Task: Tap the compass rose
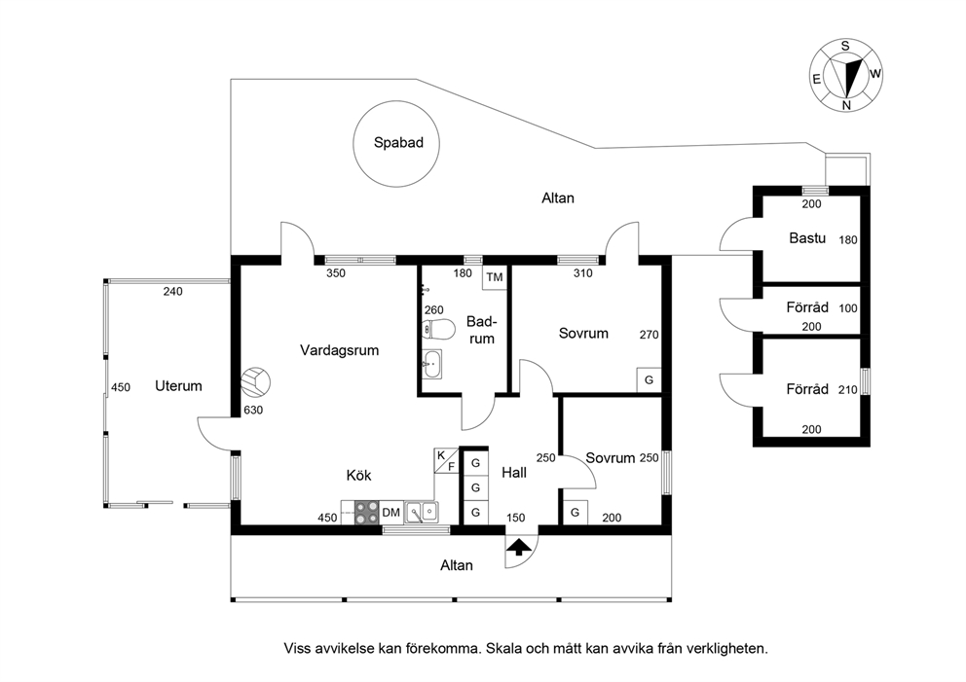tap(846, 75)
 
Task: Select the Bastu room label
tap(807, 238)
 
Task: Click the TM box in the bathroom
tap(495, 277)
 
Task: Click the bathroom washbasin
tap(431, 364)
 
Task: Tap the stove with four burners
tap(367, 512)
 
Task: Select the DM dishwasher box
tap(391, 512)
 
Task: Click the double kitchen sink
tap(422, 512)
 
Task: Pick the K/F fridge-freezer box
tap(446, 461)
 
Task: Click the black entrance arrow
tap(519, 547)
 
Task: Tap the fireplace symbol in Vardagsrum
tap(255, 382)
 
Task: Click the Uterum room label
tap(178, 386)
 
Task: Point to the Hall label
tap(514, 472)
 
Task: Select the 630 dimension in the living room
tap(253, 410)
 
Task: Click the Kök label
tap(358, 475)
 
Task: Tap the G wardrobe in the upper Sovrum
tap(649, 379)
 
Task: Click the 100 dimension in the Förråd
tap(848, 308)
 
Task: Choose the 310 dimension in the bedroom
tap(582, 273)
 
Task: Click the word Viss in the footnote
tap(297, 648)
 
